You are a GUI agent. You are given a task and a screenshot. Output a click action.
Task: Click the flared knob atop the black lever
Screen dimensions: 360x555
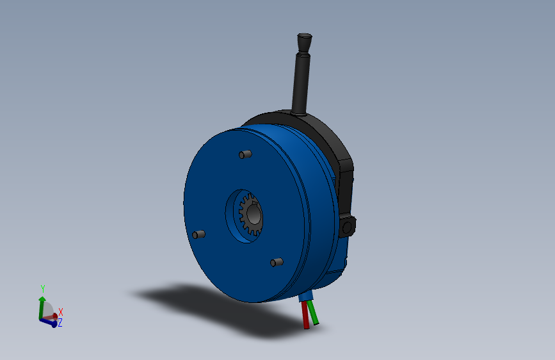tap(304, 42)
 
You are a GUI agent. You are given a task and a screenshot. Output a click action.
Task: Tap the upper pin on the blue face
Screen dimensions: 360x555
tap(244, 154)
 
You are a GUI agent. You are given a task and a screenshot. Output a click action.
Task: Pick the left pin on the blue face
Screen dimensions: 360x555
tap(199, 234)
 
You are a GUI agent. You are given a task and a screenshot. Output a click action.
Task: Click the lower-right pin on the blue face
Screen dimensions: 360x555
tap(277, 262)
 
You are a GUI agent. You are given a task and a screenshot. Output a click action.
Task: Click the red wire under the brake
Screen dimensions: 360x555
tap(305, 315)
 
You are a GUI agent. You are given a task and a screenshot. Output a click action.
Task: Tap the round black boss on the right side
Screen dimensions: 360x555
tap(349, 226)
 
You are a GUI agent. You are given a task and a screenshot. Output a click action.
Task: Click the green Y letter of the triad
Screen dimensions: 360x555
tap(43, 288)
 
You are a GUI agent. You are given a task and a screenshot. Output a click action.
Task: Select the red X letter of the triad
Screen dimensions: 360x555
tap(61, 312)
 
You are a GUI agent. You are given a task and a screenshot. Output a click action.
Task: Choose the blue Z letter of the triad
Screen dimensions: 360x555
tap(60, 323)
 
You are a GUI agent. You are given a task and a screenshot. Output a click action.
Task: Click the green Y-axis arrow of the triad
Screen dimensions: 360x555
tap(42, 304)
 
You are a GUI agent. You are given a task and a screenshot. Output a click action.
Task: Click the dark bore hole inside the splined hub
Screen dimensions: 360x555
tap(254, 216)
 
